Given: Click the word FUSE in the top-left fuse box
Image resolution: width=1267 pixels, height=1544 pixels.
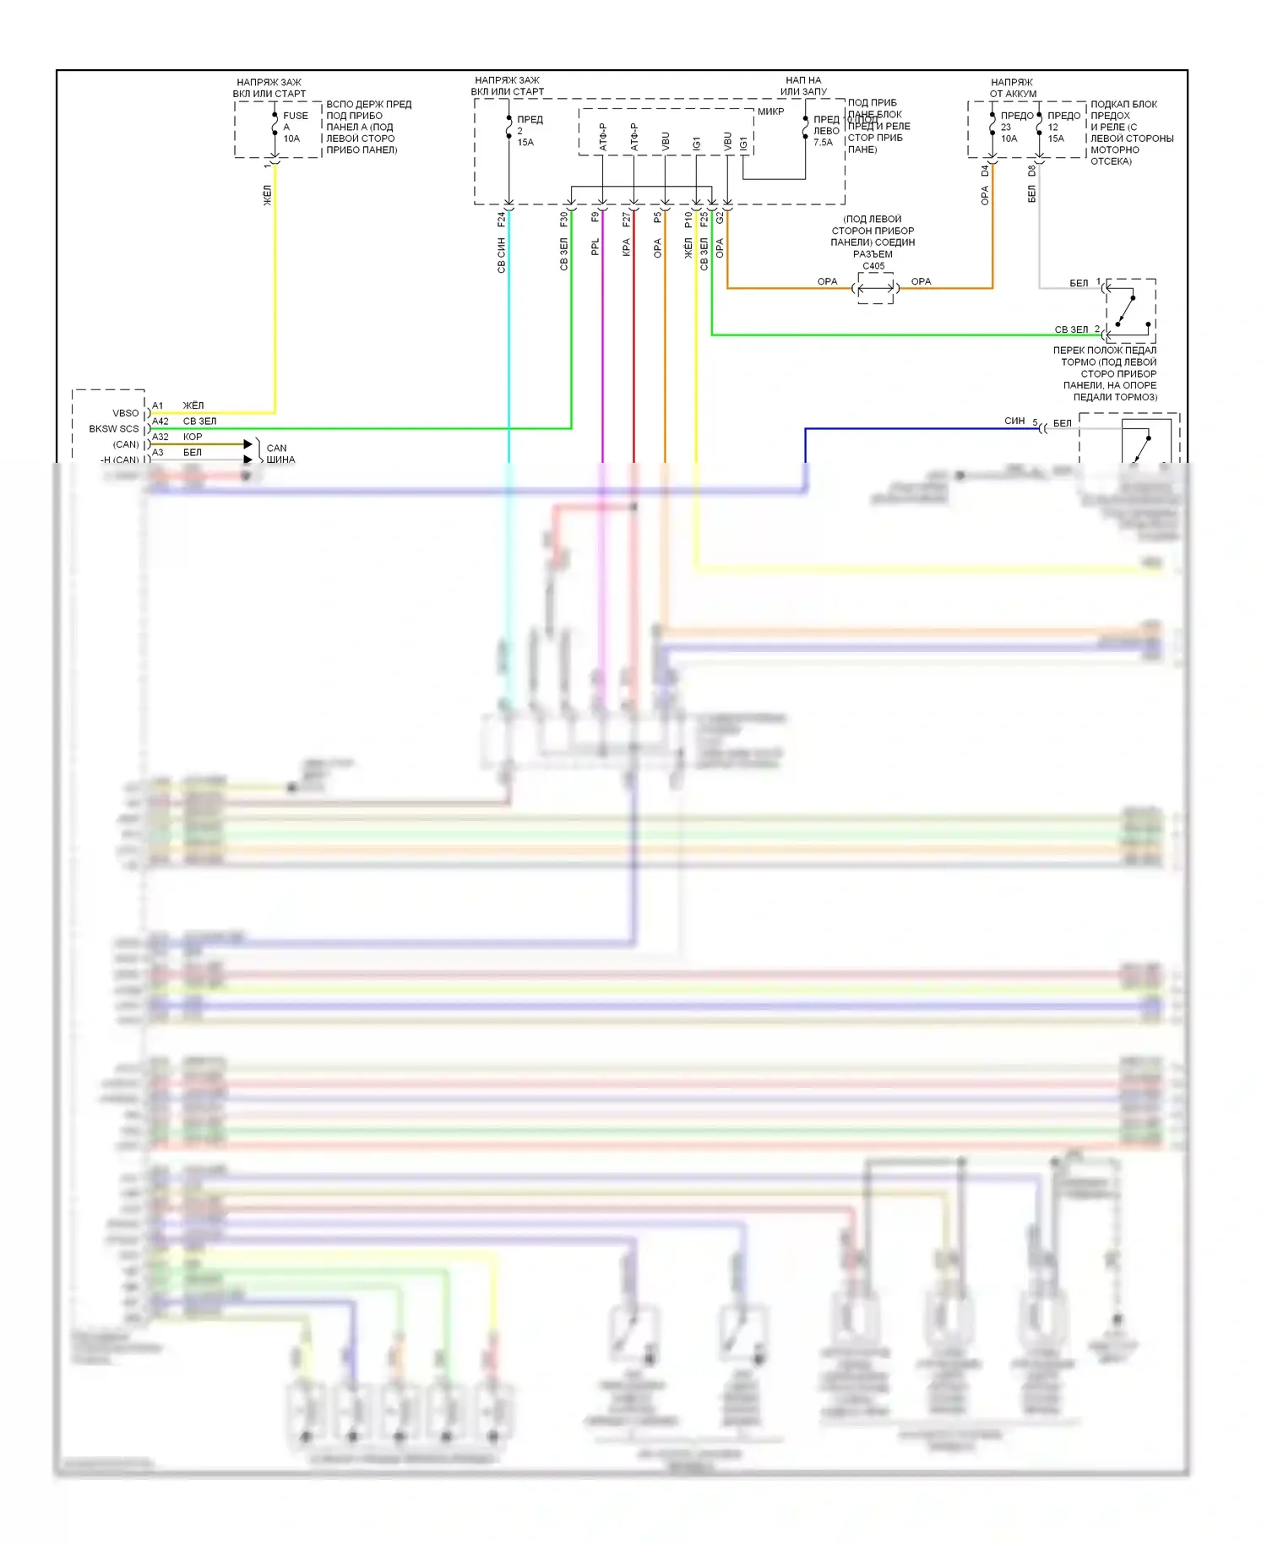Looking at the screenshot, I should (x=296, y=116).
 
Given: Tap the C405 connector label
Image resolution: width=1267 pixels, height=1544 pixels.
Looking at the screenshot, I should (x=873, y=266).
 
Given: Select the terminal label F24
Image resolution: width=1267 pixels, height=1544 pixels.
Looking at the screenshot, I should (x=502, y=219).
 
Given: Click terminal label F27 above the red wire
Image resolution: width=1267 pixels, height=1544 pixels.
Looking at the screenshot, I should (x=627, y=219).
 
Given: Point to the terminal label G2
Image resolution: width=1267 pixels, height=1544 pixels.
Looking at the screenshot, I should (x=720, y=217).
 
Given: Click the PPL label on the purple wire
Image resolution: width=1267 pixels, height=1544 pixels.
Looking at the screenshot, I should (x=595, y=247).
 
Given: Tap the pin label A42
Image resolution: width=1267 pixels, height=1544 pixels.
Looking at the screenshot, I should (x=160, y=421).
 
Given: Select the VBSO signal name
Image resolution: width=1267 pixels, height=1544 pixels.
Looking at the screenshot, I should (x=126, y=413).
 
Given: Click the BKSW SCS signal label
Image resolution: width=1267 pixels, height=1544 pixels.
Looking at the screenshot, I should (x=114, y=429).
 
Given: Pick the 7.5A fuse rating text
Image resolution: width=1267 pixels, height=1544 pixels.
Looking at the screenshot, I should (x=823, y=143).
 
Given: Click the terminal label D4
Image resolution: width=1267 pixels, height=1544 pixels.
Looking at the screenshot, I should (x=985, y=171).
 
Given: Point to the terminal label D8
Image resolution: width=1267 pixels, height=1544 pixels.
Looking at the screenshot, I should (x=1031, y=171).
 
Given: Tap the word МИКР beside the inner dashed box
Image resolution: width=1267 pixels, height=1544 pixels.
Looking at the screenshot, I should (x=770, y=111).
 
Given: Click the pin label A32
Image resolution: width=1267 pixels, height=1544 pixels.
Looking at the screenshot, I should (x=160, y=437).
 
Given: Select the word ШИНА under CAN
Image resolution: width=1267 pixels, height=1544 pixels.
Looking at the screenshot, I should (x=280, y=459).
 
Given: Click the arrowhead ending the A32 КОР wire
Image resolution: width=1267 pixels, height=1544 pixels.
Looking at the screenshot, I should (x=248, y=444).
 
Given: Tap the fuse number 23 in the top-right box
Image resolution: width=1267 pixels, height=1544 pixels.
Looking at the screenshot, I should (x=1006, y=128).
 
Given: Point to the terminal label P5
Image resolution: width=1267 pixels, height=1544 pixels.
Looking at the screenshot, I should (x=658, y=217).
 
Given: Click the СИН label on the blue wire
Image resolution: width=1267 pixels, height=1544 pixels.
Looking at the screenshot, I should (x=1014, y=421).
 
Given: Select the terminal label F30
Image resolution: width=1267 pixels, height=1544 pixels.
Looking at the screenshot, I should (x=564, y=219).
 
